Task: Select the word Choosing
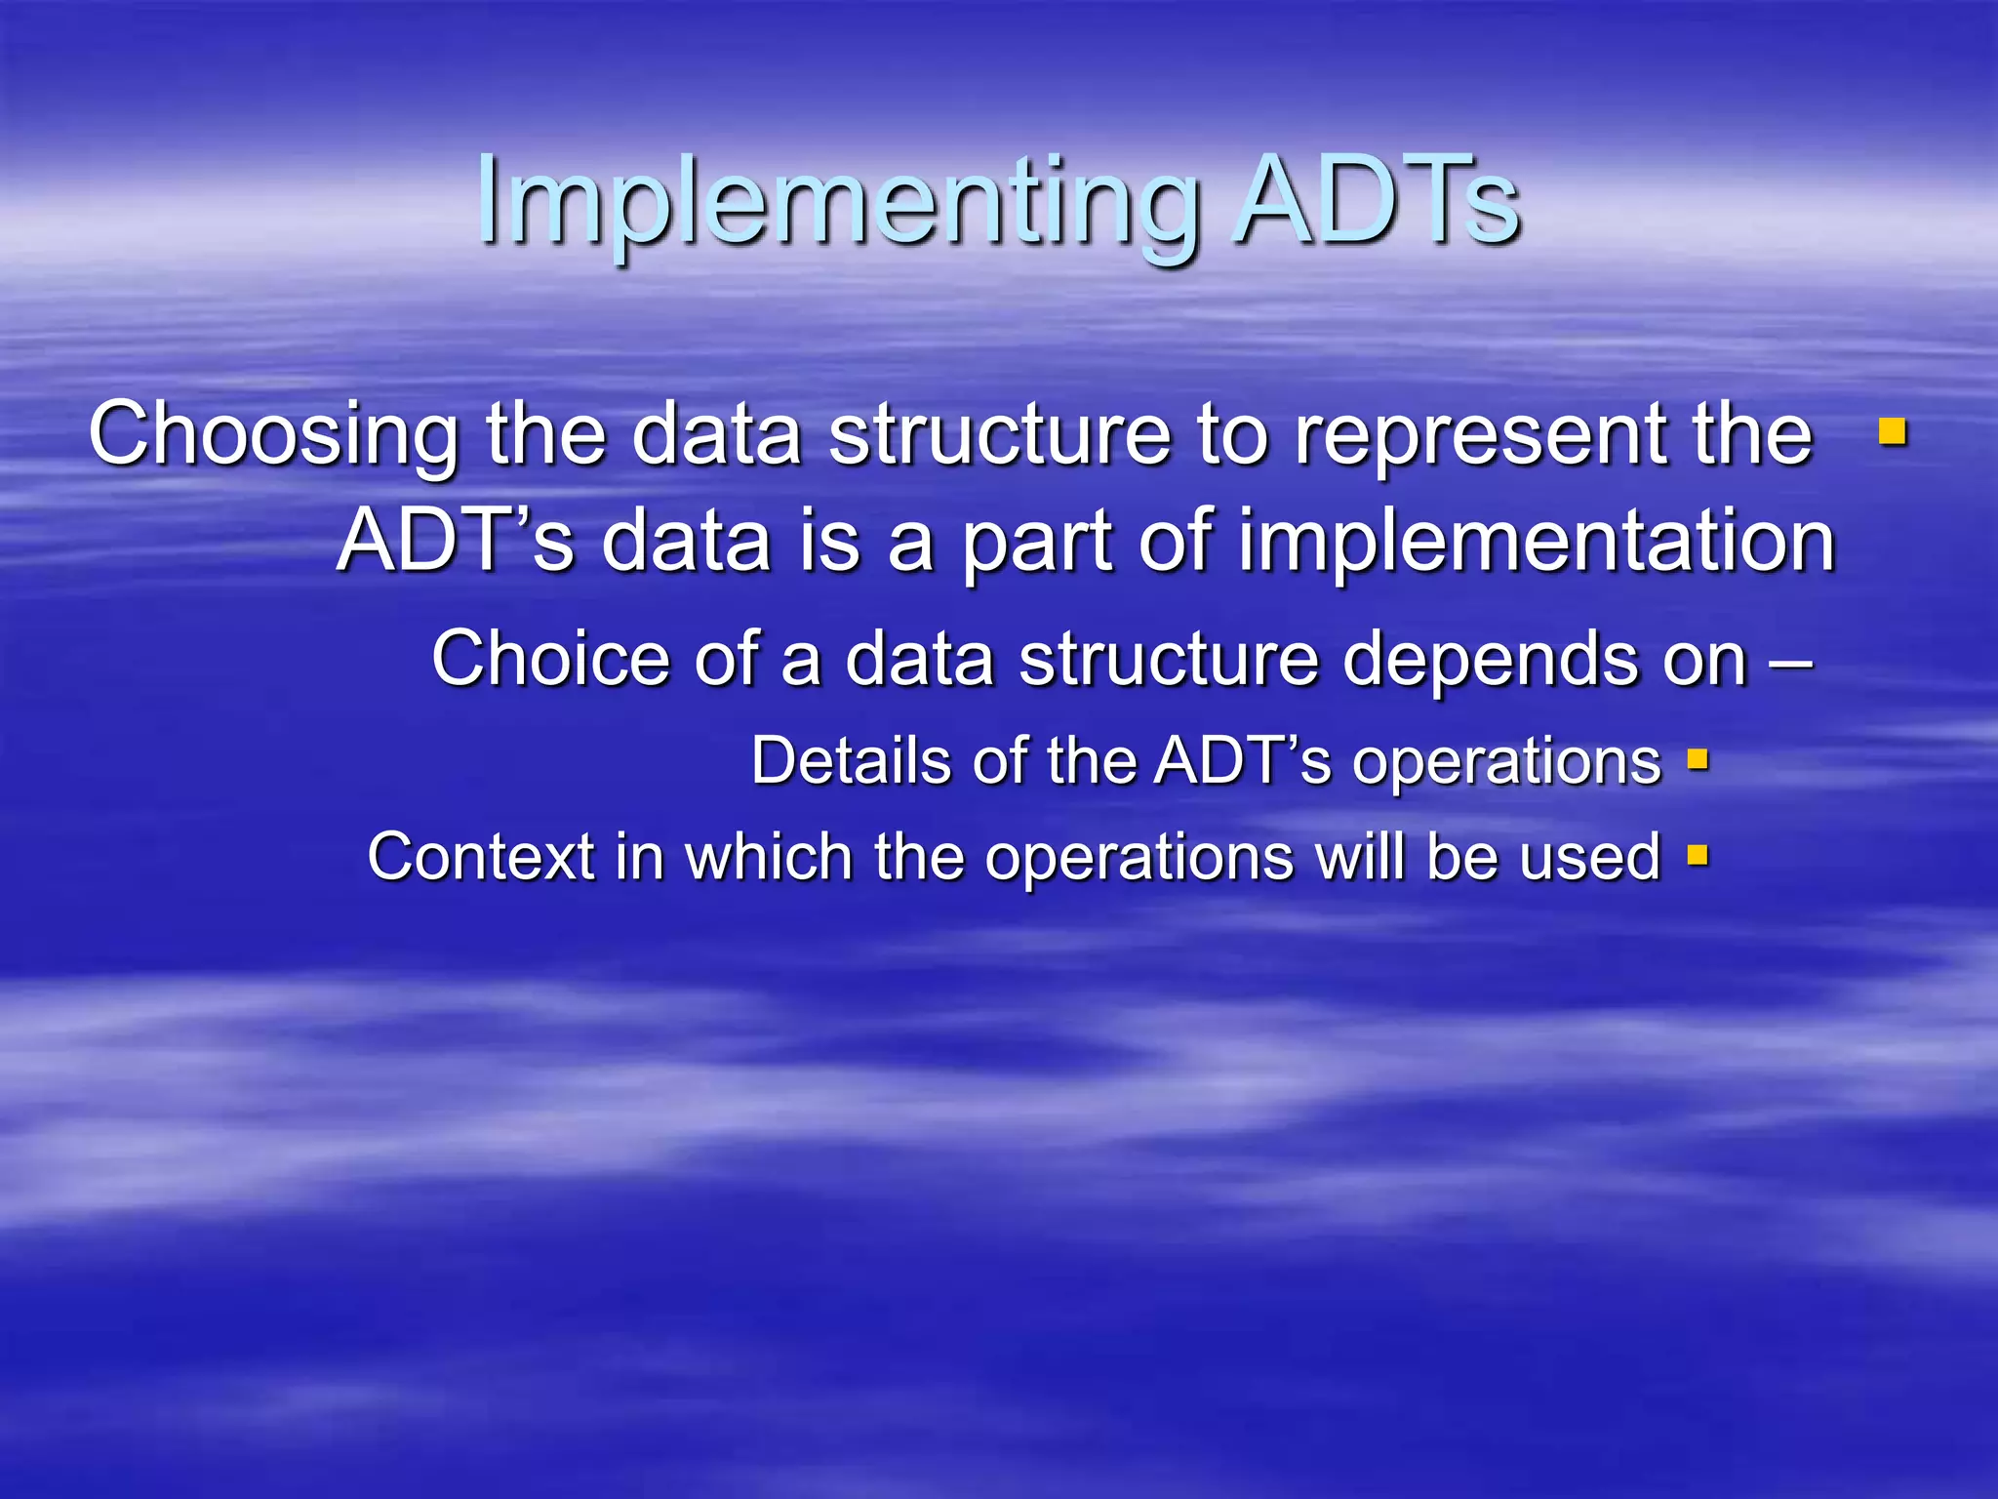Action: click(x=272, y=435)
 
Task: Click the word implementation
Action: click(x=1537, y=543)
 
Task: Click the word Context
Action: click(x=480, y=857)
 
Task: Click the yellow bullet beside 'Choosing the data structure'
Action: click(x=1893, y=431)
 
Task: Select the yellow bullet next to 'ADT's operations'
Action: click(x=1698, y=759)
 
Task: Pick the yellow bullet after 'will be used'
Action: click(x=1698, y=856)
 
